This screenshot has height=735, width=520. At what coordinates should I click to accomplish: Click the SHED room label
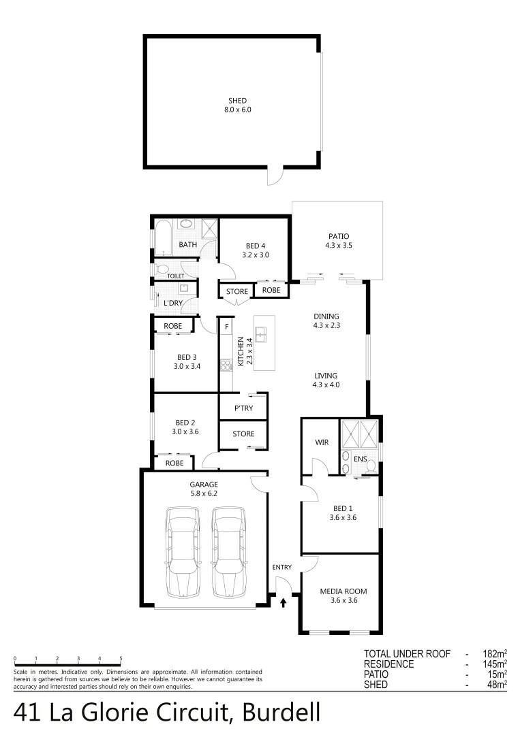pyautogui.click(x=238, y=101)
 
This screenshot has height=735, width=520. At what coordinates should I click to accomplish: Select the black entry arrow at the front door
pyautogui.click(x=284, y=602)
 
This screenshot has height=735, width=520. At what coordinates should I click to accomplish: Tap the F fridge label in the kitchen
pyautogui.click(x=226, y=327)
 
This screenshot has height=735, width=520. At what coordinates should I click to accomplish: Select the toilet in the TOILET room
pyautogui.click(x=162, y=269)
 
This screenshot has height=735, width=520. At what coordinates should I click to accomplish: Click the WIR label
pyautogui.click(x=322, y=442)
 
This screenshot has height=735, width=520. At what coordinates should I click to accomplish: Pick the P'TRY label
pyautogui.click(x=243, y=409)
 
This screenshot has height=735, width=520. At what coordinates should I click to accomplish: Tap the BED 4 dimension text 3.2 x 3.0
pyautogui.click(x=256, y=255)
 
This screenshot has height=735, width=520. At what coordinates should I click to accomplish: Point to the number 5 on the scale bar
pyautogui.click(x=121, y=658)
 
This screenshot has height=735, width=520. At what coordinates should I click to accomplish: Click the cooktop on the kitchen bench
pyautogui.click(x=226, y=366)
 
